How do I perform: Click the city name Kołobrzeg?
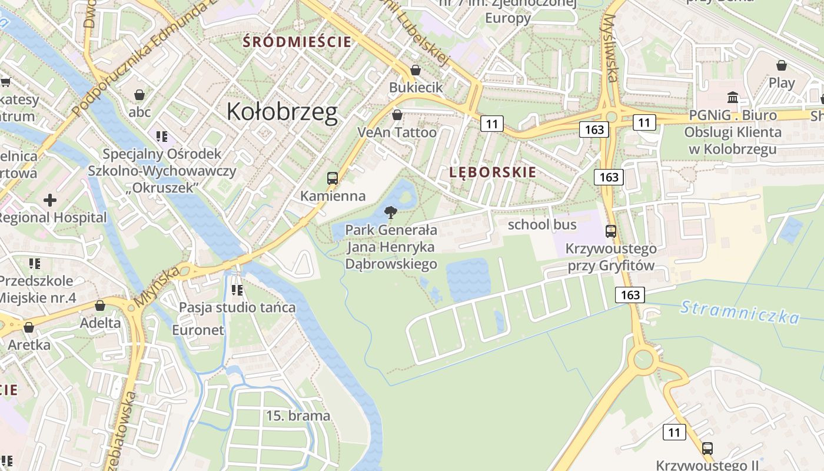point(282,111)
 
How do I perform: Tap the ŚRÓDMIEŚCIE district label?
point(297,42)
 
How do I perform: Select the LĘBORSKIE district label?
point(493,173)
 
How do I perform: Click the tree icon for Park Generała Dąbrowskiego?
point(390,213)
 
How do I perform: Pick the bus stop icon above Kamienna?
point(333,178)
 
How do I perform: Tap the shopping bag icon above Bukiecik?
point(416,70)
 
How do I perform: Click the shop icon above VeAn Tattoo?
point(397,115)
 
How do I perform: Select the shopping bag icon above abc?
point(139,95)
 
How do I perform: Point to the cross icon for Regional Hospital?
point(50,200)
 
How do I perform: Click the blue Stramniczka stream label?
point(740,312)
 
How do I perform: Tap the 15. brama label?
point(298,416)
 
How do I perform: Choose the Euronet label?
point(198,330)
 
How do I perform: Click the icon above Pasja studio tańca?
point(237,290)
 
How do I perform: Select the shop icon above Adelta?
point(100,306)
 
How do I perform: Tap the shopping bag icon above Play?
point(782,65)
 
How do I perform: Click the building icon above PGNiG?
point(733,97)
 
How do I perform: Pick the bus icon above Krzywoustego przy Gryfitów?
point(611,231)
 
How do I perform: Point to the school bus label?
point(542,224)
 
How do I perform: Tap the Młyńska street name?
point(156,287)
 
